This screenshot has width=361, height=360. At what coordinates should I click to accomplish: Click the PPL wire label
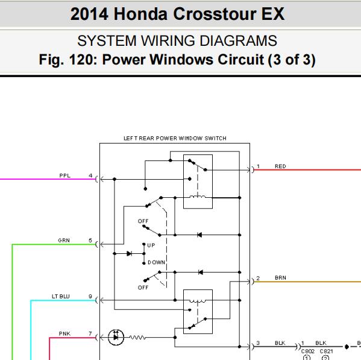64,175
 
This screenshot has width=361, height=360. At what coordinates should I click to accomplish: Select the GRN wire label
64,240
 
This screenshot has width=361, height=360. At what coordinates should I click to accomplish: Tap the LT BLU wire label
61,296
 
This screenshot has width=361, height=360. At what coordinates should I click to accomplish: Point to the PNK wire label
64,333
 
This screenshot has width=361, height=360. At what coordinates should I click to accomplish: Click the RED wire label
280,166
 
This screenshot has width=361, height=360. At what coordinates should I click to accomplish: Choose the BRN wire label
280,278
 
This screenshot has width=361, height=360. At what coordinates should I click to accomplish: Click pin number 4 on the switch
90,175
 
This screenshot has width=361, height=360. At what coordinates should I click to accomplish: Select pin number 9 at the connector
90,296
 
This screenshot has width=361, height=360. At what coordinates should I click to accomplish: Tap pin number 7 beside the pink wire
90,333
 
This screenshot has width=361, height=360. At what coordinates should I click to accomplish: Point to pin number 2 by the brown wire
258,278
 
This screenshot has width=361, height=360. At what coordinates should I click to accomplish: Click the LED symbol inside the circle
116,338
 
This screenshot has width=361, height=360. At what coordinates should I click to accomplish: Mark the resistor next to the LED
137,338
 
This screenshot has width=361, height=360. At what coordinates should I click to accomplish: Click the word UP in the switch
151,245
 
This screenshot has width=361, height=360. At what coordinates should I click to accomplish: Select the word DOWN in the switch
156,262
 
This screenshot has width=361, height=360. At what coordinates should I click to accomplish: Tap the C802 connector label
308,351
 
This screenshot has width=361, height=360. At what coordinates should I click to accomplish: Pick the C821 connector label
326,351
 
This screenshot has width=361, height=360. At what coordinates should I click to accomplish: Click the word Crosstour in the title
215,14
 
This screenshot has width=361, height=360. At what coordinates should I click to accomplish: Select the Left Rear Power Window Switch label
175,138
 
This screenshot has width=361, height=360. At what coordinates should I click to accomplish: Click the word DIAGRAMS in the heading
238,41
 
